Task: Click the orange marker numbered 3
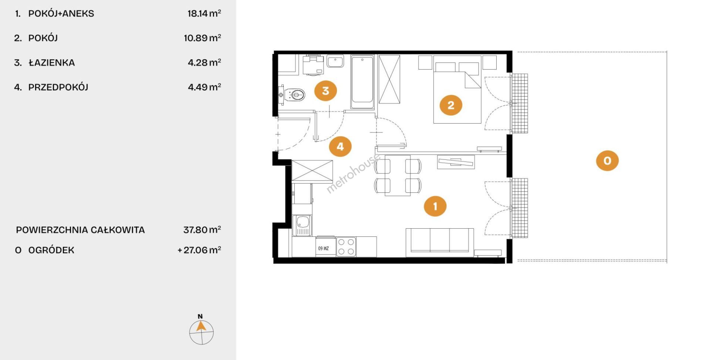[325, 91]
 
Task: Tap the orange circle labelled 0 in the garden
[607, 161]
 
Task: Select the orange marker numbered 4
[340, 147]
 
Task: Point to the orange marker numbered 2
[451, 105]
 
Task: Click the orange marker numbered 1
[435, 206]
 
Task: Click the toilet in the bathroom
[292, 95]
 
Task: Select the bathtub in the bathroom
[362, 82]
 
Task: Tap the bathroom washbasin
[335, 61]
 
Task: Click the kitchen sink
[302, 225]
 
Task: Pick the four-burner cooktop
[346, 247]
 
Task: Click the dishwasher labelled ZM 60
[326, 247]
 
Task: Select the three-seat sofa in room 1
[440, 242]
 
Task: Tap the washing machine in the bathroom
[313, 65]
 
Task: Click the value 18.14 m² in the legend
[204, 13]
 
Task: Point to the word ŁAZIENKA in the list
[52, 63]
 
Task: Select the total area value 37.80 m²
[202, 230]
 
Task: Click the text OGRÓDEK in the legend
[51, 250]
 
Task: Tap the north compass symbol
[201, 330]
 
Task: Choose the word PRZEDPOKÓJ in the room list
[58, 87]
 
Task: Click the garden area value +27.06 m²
[199, 250]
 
